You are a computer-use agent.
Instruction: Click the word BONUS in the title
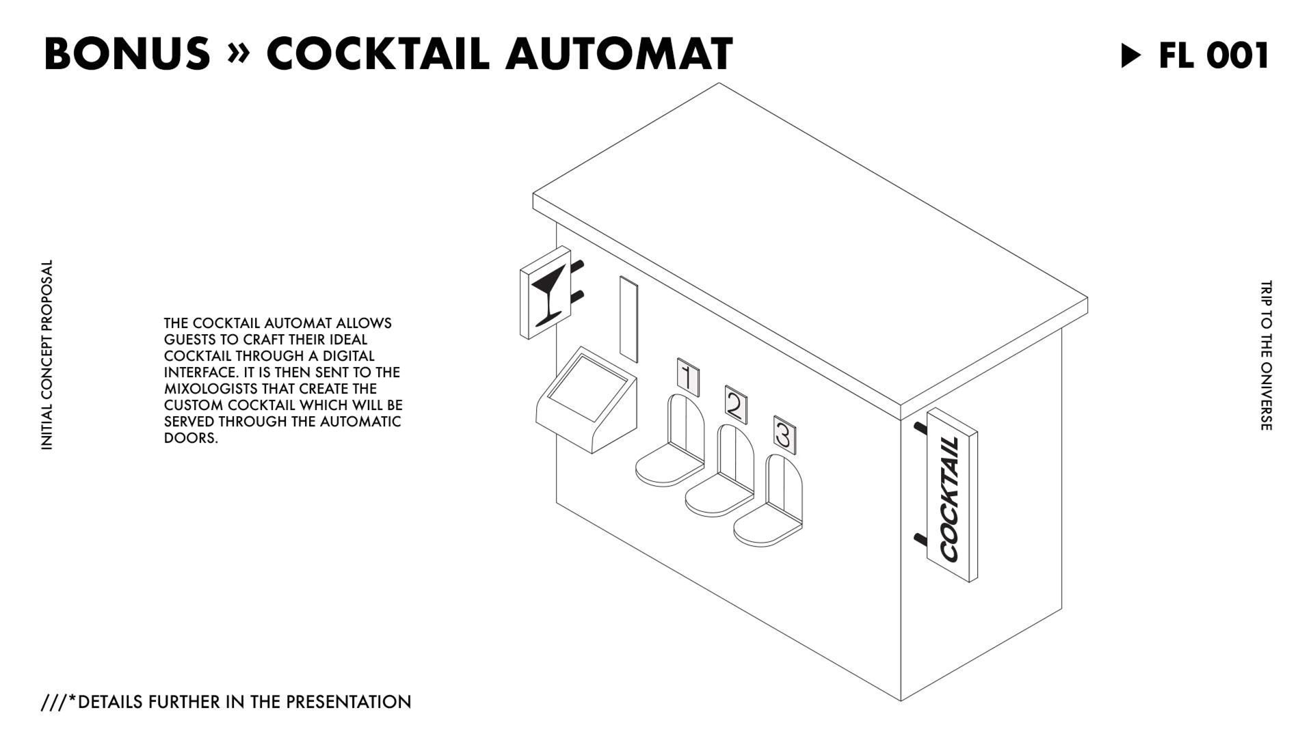pyautogui.click(x=127, y=53)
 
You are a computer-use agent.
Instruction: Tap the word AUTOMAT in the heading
pyautogui.click(x=619, y=53)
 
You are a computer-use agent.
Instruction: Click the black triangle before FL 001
pyautogui.click(x=1131, y=55)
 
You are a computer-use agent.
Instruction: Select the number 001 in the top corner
pyautogui.click(x=1238, y=55)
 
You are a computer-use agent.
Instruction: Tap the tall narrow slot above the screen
pyautogui.click(x=628, y=318)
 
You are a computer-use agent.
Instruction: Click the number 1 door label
pyautogui.click(x=688, y=378)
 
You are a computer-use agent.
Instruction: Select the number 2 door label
pyautogui.click(x=736, y=405)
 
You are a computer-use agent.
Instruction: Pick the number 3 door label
pyautogui.click(x=784, y=435)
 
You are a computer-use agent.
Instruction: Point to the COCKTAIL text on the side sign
pyautogui.click(x=951, y=498)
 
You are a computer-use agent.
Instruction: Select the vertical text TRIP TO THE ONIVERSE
pyautogui.click(x=1266, y=355)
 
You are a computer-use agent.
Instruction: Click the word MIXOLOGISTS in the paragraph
pyautogui.click(x=202, y=389)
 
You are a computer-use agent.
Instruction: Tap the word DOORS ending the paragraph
pyautogui.click(x=191, y=438)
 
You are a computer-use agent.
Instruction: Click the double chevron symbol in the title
pyautogui.click(x=238, y=55)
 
